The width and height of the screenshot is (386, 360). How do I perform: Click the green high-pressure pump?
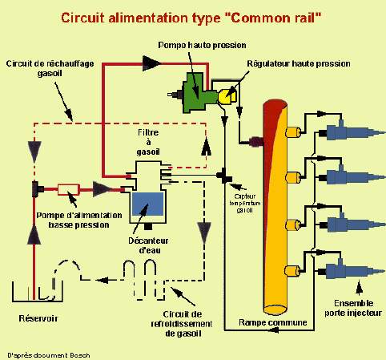pos(193,88)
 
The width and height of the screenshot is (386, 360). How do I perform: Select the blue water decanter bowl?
pos(147,205)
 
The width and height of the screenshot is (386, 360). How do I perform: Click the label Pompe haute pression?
pos(202,45)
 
